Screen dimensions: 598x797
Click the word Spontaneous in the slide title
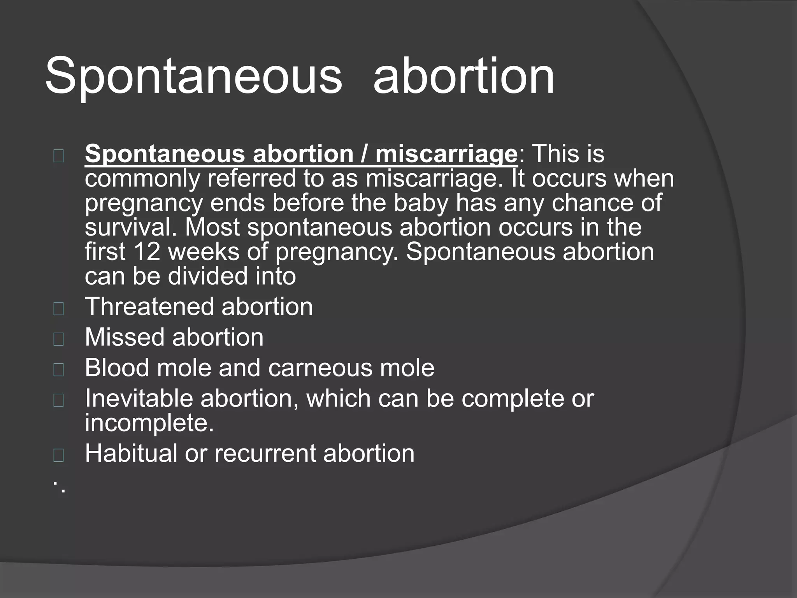coord(193,76)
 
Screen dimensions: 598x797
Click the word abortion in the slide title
coord(463,76)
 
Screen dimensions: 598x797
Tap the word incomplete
coord(149,423)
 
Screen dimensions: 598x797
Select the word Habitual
coord(131,454)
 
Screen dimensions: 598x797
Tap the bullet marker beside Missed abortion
coord(58,339)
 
